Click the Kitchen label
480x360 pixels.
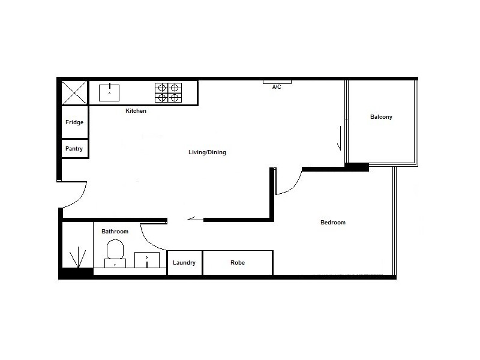point(136,111)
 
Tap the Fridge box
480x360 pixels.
point(74,122)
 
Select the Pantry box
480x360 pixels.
point(74,149)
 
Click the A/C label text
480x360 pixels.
point(277,88)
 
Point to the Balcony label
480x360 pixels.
point(381,117)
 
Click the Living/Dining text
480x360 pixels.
point(207,152)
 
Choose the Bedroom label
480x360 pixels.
point(333,223)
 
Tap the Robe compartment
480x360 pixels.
point(238,263)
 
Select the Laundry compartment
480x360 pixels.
point(184,263)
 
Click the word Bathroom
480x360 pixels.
point(115,232)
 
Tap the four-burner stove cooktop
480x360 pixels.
point(168,92)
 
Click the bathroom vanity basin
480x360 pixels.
point(147,260)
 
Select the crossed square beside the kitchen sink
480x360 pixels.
point(75,93)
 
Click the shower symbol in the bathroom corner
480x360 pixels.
point(77,259)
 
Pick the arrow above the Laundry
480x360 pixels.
point(195,219)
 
